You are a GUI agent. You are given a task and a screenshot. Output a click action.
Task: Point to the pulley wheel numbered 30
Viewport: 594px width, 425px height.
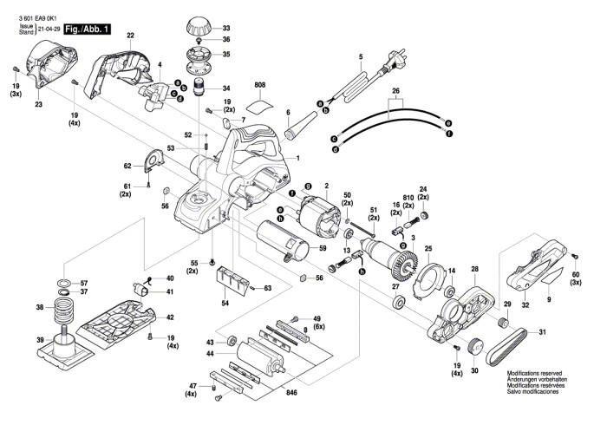pos(474,349)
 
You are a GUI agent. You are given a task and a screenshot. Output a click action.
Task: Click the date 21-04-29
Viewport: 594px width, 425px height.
pos(49,29)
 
